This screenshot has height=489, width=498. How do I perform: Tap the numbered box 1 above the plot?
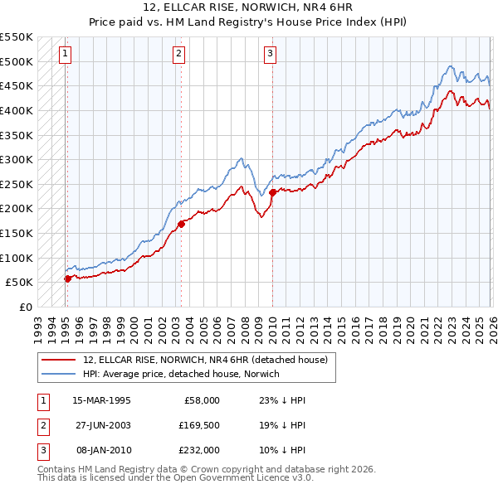(65, 55)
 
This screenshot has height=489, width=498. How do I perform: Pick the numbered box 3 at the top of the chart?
(271, 55)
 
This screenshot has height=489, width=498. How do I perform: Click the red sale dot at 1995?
(67, 278)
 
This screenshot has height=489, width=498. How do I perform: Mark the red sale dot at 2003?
(182, 223)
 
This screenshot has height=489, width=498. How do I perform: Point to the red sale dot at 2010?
(272, 192)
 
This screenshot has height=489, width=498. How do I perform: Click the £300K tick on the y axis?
(17, 159)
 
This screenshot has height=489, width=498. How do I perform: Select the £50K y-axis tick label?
(20, 282)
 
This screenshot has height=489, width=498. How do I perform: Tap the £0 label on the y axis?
(26, 307)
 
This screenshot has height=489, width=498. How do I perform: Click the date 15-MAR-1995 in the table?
(101, 399)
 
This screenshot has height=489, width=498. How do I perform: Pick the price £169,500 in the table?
(199, 425)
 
